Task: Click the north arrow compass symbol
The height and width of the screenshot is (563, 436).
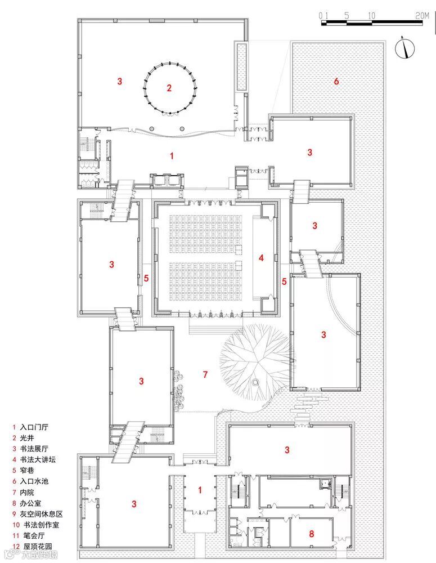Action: tap(403, 47)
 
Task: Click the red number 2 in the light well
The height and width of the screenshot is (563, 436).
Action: tap(168, 88)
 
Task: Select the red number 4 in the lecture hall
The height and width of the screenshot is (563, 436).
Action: tap(261, 258)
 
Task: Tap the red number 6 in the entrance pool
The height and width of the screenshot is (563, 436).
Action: tap(336, 82)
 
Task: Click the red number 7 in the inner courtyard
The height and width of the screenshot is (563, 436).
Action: tap(205, 374)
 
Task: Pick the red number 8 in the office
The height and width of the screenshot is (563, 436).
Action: tap(311, 532)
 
